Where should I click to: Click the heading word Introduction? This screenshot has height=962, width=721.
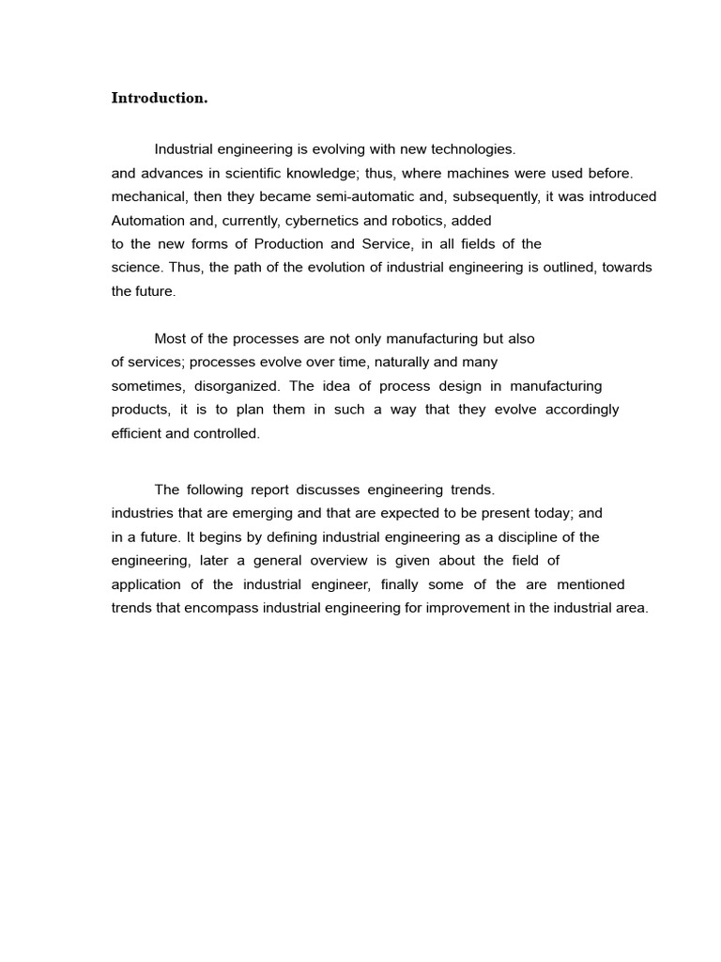point(159,98)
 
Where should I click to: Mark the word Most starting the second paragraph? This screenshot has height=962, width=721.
point(170,338)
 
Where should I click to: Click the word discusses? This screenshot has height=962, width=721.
point(329,489)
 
